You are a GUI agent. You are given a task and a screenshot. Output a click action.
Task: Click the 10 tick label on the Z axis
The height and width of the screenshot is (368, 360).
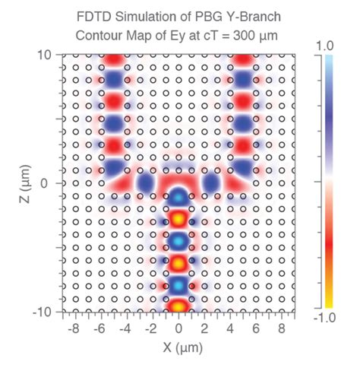click(x=45, y=55)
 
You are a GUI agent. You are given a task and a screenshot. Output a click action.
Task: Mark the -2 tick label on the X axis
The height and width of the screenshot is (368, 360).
click(x=152, y=329)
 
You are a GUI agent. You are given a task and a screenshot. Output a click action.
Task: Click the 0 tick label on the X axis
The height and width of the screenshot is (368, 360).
click(x=179, y=329)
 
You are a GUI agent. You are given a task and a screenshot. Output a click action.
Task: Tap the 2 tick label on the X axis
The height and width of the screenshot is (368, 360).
click(x=205, y=329)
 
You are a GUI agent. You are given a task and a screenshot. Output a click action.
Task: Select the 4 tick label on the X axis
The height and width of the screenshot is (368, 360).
click(x=231, y=329)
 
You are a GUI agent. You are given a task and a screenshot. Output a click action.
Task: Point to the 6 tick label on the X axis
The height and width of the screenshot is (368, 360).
click(x=257, y=329)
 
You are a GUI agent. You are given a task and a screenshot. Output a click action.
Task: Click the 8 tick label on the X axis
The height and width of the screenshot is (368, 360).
click(x=283, y=329)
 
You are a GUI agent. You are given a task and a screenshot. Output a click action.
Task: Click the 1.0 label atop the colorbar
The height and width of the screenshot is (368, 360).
click(x=324, y=46)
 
